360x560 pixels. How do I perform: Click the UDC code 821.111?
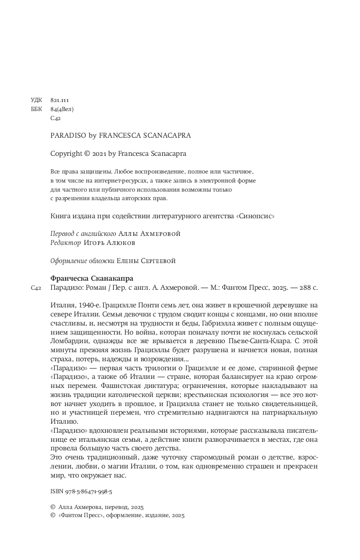click(60, 100)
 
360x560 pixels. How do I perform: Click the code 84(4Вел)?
click(62, 109)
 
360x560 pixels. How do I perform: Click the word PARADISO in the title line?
click(66, 135)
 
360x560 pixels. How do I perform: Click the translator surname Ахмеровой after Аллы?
click(160, 234)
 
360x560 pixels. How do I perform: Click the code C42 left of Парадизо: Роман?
click(37, 288)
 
